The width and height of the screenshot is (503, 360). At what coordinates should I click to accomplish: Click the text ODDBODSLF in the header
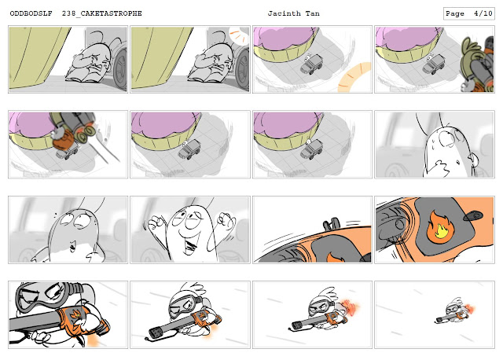point(31,13)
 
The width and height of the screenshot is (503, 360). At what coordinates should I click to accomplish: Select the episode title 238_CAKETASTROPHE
point(102,13)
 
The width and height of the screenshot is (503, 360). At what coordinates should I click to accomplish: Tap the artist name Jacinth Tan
point(293,13)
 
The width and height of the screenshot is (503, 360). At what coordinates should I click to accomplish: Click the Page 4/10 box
point(468,13)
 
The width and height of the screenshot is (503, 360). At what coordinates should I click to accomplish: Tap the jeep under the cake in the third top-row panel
point(311,64)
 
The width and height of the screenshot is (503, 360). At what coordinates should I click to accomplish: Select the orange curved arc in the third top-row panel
point(354,77)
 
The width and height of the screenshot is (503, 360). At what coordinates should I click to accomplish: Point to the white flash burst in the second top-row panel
point(238,35)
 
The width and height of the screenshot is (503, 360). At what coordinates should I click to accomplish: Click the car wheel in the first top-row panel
point(120,69)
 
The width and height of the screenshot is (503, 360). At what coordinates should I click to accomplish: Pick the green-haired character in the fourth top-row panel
point(469,61)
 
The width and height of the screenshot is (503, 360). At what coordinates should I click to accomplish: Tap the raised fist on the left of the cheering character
point(156,222)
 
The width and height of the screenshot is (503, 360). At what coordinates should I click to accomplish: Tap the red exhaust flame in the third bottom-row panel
point(351,307)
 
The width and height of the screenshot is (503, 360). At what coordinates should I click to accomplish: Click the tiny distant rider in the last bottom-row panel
point(454,310)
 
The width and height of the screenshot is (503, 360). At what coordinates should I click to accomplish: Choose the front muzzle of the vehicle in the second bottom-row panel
point(157,332)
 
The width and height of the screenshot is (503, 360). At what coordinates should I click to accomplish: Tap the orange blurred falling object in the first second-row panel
point(64,140)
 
